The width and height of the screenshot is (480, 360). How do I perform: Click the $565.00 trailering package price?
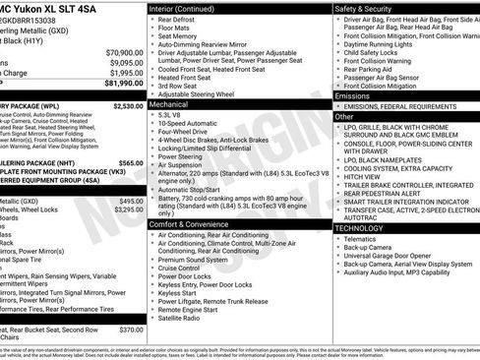coord(130,163)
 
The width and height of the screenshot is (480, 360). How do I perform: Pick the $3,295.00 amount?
coord(128,210)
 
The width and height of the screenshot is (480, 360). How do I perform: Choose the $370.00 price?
coord(131,330)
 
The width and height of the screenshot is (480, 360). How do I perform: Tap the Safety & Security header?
coord(370,9)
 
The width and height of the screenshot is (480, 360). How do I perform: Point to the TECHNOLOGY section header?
coord(359,227)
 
